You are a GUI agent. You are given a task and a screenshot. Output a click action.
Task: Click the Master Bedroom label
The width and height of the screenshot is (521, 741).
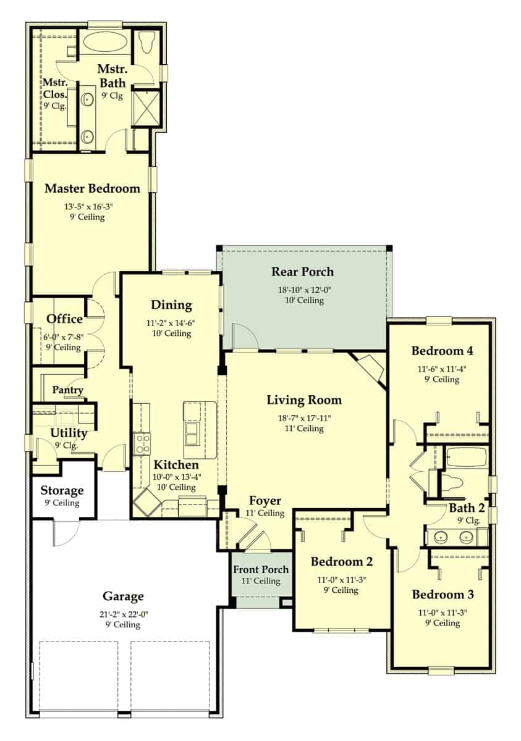click(92, 188)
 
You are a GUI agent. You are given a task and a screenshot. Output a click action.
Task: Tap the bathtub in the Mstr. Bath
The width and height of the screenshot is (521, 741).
click(105, 43)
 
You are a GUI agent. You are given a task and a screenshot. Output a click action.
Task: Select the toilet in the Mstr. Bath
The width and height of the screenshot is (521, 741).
click(146, 43)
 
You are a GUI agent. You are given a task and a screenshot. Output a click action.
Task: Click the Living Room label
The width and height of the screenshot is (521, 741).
click(303, 400)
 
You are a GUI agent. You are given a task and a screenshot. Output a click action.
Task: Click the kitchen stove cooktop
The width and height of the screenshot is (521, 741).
click(142, 443)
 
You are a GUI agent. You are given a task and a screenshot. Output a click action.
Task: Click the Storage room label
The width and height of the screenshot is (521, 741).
click(62, 491)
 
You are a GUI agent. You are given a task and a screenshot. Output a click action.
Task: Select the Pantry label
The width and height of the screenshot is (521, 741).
click(67, 390)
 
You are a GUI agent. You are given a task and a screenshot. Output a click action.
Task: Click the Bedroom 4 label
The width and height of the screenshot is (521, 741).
click(443, 351)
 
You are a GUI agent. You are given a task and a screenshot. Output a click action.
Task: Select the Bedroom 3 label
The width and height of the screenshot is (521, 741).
click(443, 595)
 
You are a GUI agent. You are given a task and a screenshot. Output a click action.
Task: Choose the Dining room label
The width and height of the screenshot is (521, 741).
click(171, 305)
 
